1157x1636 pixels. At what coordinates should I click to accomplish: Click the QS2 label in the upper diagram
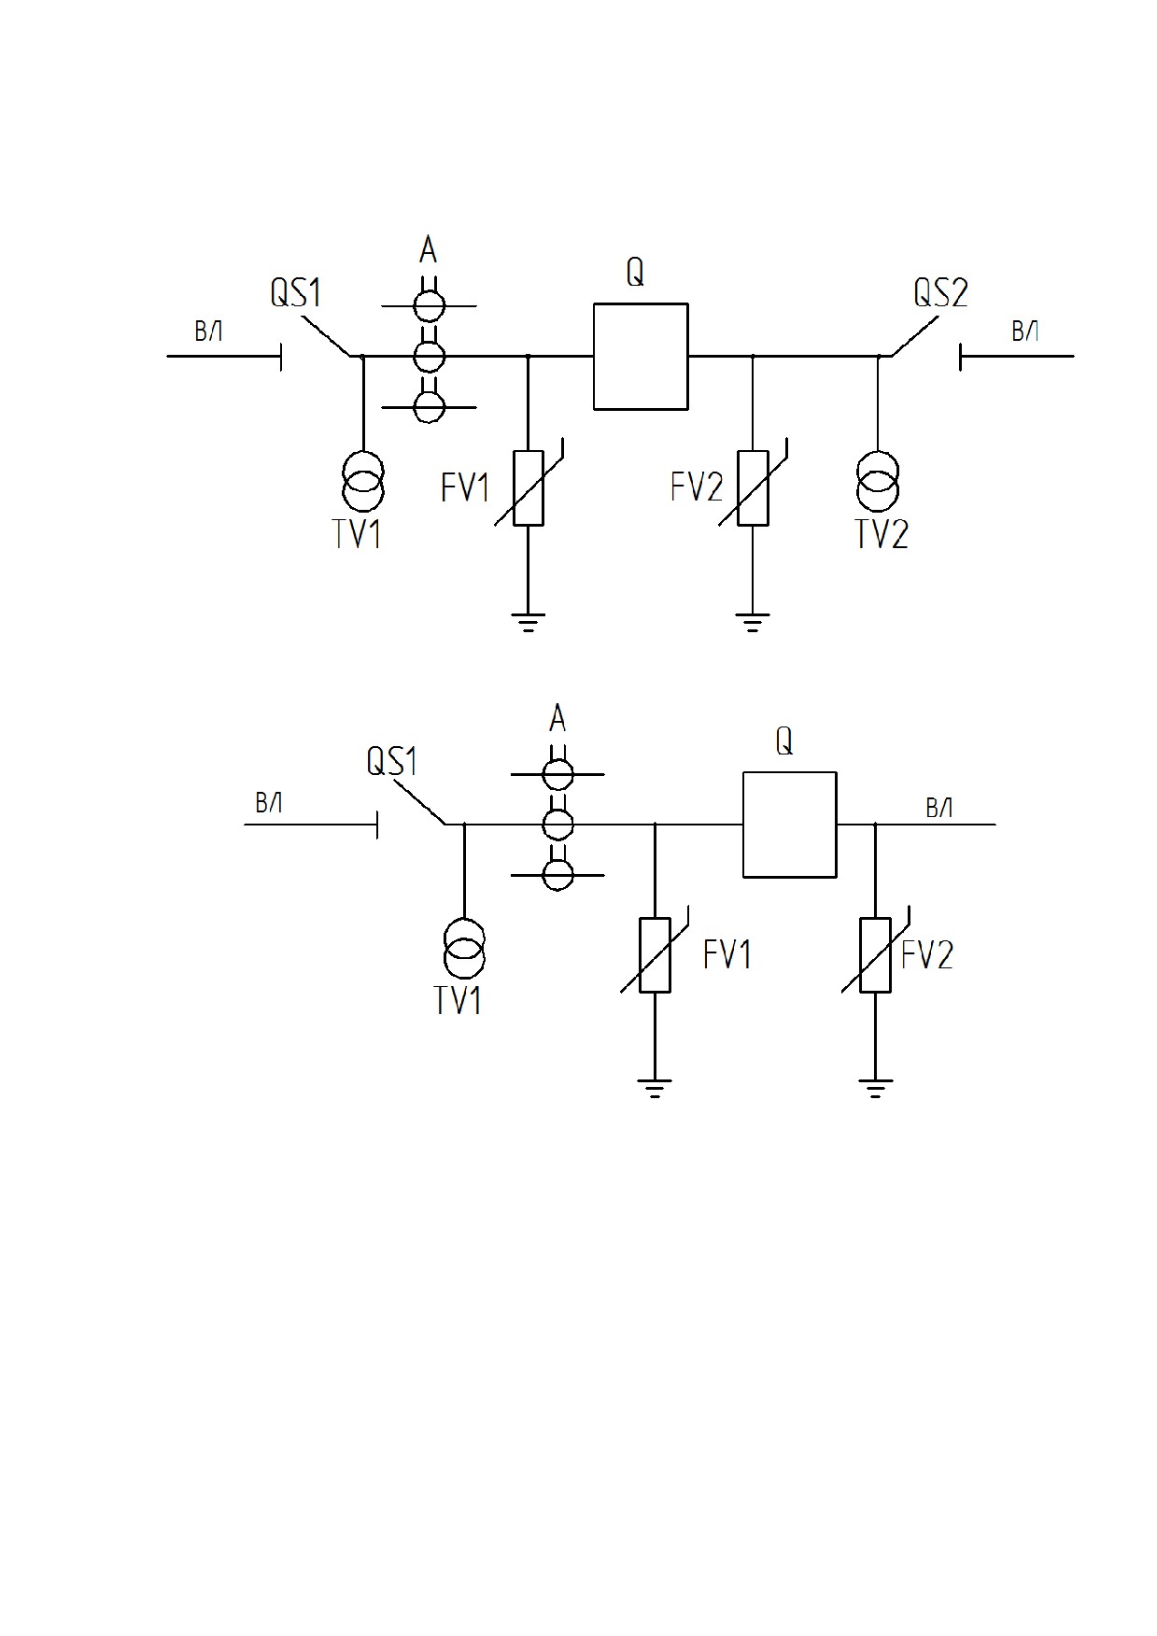940,292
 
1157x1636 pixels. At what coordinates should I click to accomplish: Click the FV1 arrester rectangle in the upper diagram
529,488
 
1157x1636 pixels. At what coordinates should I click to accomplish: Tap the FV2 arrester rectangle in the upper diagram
753,488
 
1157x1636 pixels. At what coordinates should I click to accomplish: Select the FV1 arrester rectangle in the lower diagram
655,955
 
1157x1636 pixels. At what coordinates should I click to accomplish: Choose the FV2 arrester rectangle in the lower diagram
875,955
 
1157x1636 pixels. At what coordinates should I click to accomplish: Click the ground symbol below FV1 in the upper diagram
529,622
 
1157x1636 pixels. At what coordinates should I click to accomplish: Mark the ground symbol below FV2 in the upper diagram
753,622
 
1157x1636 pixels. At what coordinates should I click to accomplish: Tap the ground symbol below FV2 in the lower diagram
875,1088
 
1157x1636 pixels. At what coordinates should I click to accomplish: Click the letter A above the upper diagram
428,250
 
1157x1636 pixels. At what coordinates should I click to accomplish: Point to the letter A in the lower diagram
557,719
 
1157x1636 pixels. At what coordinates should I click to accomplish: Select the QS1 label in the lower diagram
392,761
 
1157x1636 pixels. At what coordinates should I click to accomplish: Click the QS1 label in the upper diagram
296,292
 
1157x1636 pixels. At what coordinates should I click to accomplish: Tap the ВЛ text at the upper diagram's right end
1025,331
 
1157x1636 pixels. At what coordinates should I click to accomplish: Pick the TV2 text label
882,534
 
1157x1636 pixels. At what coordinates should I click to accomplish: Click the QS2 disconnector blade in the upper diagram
915,337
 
